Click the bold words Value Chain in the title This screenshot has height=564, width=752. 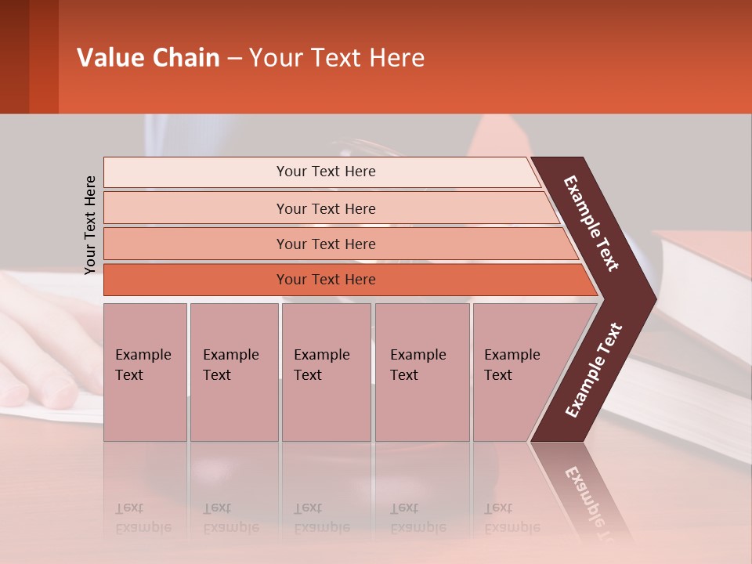click(x=148, y=58)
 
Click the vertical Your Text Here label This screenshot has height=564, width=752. click(x=90, y=225)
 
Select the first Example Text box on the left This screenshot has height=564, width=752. click(x=145, y=372)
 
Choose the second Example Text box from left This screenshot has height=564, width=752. click(x=233, y=372)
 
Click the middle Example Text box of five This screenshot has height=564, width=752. click(x=326, y=372)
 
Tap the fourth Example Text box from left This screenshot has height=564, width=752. click(x=421, y=372)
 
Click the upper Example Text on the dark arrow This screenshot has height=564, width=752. click(x=591, y=223)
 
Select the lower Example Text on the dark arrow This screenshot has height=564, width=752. click(x=594, y=370)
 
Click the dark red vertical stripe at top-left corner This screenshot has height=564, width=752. click(x=14, y=56)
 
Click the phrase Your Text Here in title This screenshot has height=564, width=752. click(x=337, y=58)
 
